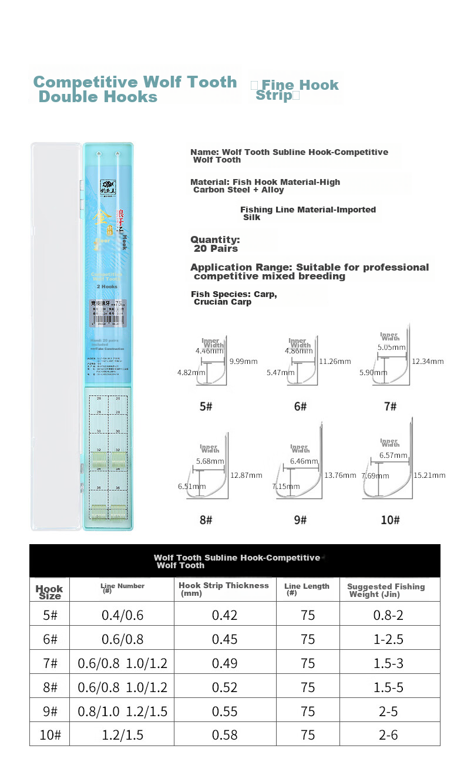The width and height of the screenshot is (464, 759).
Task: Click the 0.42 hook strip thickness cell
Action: tap(225, 615)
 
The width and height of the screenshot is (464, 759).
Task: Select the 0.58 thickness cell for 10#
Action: tap(225, 735)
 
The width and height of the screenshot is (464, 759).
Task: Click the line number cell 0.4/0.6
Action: tap(122, 615)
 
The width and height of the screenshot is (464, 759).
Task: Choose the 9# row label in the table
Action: tap(50, 711)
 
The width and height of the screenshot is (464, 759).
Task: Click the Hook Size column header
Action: tap(49, 592)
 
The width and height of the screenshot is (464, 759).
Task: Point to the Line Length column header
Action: tap(307, 589)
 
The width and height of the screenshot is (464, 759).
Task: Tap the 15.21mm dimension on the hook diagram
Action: tap(429, 475)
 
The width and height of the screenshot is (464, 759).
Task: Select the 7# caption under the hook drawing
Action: tap(390, 406)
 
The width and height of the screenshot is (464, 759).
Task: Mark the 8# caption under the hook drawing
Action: tap(206, 520)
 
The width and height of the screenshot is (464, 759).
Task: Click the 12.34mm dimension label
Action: tap(428, 361)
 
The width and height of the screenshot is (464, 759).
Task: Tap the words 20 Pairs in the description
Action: tap(216, 249)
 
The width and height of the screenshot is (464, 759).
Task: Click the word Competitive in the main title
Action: tap(86, 82)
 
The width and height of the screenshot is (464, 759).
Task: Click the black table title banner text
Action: tap(237, 561)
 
